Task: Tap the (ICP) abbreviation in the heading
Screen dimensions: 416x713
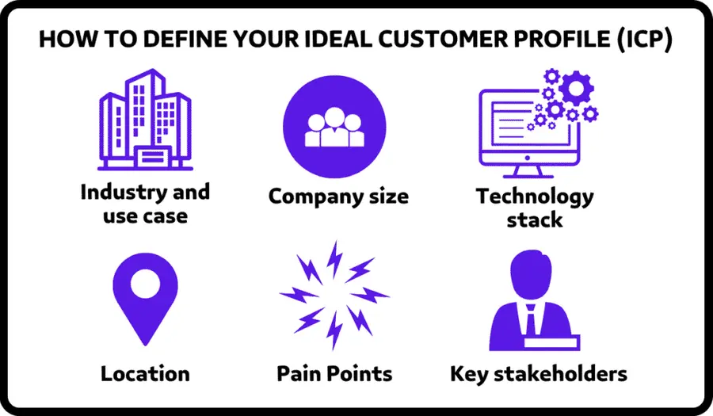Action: coord(642,42)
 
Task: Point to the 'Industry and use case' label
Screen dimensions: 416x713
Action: coord(144,203)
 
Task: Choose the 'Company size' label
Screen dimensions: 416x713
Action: coord(338,196)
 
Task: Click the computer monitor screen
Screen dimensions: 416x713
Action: coord(515,127)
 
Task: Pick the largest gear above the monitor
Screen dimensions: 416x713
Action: coord(575,88)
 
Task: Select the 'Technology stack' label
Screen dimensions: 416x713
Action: coord(534,207)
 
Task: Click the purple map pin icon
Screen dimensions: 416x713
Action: coord(144,297)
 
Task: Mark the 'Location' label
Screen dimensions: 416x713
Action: coord(144,373)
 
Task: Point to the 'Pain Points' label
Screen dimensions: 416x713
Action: coord(334,373)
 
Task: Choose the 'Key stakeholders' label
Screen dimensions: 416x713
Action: coord(539,373)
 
